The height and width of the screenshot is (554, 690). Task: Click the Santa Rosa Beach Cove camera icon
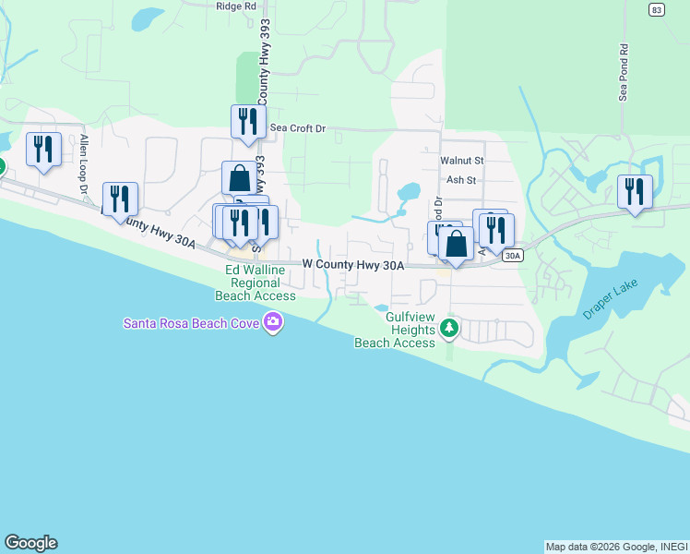tap(272, 322)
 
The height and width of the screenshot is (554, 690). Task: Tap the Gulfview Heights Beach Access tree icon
tap(449, 327)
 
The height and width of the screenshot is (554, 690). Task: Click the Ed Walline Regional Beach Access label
tap(256, 283)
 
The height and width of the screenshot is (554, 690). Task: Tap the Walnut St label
tap(461, 161)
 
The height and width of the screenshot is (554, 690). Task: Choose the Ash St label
tap(460, 181)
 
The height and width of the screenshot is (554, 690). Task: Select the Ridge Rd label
tap(235, 6)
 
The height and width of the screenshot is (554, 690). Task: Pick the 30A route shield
tap(514, 255)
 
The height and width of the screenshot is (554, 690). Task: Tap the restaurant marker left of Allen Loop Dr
tap(43, 150)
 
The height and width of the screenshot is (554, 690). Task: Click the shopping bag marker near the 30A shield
tap(456, 245)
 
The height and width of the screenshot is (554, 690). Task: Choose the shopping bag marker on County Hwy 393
tap(239, 178)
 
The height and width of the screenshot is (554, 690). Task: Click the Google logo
tap(30, 543)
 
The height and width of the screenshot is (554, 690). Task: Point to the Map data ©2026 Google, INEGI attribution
tap(616, 547)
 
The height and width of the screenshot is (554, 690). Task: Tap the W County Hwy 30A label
tap(354, 265)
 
